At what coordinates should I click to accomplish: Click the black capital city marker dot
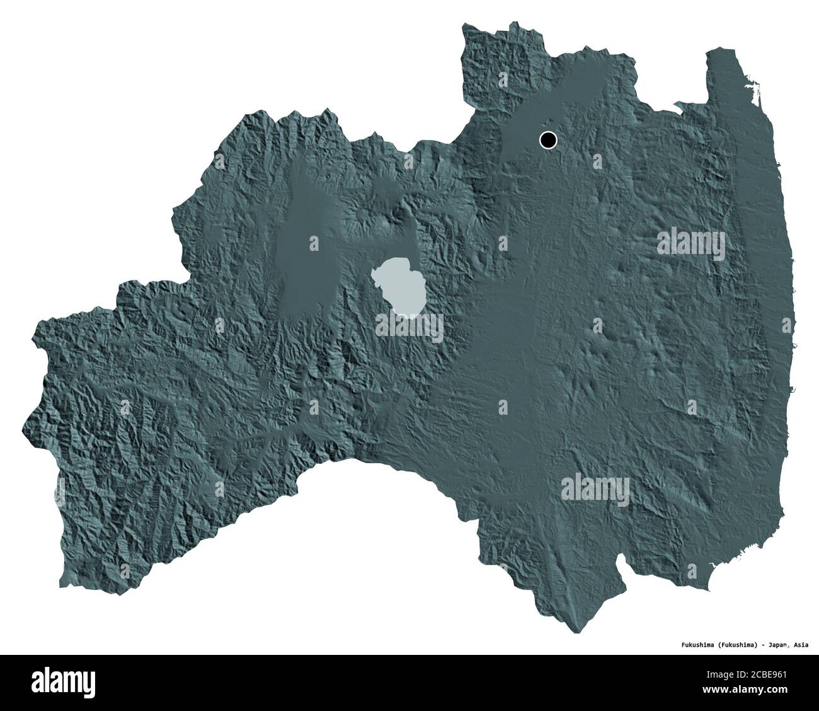[x=548, y=140]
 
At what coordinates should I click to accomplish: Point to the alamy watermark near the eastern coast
[x=691, y=241]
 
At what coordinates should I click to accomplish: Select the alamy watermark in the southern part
[x=595, y=487]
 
